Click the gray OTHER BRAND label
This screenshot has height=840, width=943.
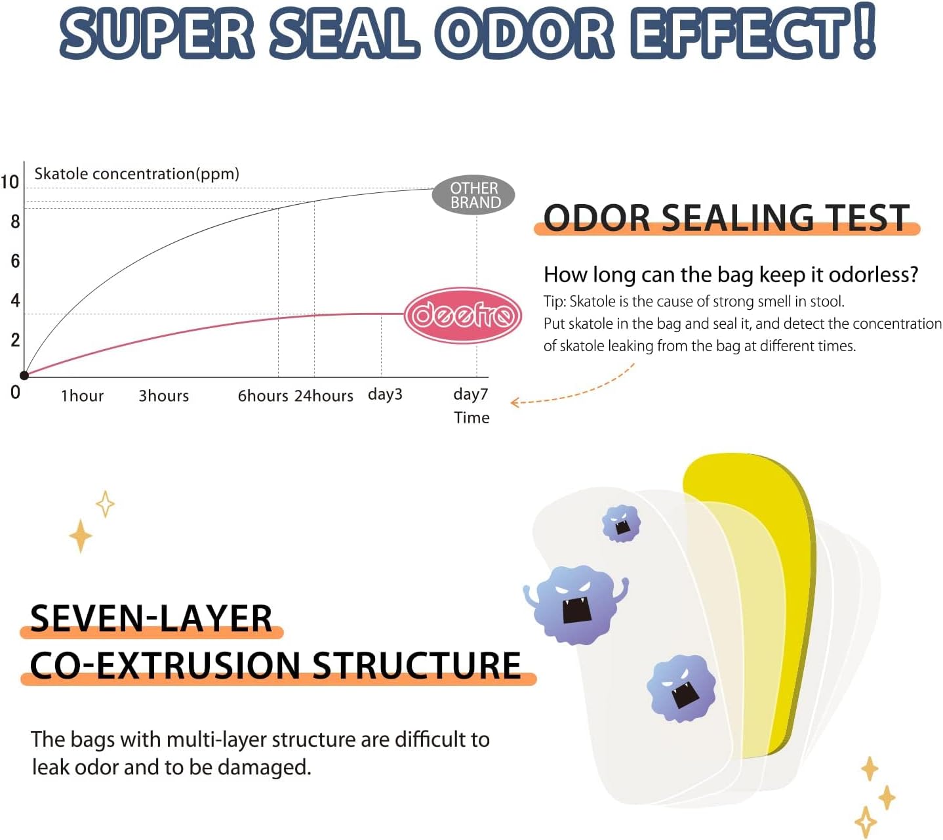[473, 195]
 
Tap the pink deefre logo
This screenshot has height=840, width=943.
[462, 316]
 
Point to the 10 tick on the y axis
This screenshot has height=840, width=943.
[10, 182]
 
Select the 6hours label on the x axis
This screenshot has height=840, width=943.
[262, 396]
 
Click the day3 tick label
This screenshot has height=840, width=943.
[385, 394]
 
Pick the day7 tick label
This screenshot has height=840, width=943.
[470, 394]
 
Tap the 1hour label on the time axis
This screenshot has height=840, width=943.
[82, 396]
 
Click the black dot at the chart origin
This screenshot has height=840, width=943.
[24, 375]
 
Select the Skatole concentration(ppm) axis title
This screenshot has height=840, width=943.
[136, 174]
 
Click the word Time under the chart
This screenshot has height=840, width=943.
[471, 417]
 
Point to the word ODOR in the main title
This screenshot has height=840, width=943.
[525, 33]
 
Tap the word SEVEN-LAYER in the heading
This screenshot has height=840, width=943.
[151, 618]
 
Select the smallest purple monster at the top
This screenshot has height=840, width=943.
[621, 524]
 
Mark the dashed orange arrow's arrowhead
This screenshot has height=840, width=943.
[515, 402]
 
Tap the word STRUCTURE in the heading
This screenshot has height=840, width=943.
[416, 665]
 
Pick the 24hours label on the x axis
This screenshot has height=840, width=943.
[323, 396]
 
